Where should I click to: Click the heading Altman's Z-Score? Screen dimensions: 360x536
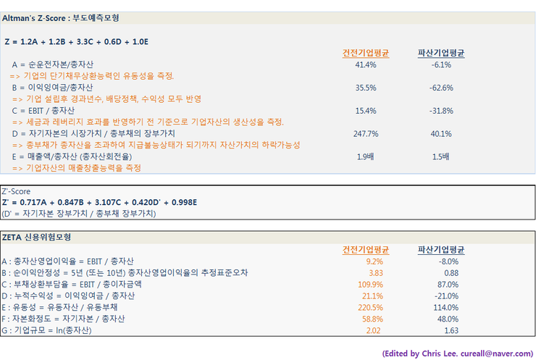(x=61, y=17)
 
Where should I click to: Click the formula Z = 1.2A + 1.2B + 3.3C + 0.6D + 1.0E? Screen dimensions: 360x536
(x=76, y=42)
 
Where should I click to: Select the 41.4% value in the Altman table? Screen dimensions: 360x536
(x=366, y=64)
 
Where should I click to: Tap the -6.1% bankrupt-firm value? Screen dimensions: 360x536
(x=441, y=64)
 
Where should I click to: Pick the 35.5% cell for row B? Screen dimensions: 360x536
(x=366, y=88)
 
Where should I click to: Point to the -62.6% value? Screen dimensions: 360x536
(x=441, y=88)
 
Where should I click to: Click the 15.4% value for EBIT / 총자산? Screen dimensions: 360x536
(x=366, y=111)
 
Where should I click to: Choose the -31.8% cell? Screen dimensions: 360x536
(x=441, y=111)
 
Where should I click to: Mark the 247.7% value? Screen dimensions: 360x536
(x=366, y=134)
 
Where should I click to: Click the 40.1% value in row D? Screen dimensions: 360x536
(x=441, y=134)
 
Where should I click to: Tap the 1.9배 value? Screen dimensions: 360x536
(x=366, y=157)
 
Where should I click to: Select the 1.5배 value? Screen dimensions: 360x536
(x=441, y=157)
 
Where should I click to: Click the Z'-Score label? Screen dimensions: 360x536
(x=15, y=192)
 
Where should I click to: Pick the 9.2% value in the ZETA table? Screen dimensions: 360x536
(x=374, y=261)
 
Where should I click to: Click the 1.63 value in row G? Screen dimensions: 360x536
(x=451, y=330)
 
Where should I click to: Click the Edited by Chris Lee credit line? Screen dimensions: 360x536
(x=457, y=352)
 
